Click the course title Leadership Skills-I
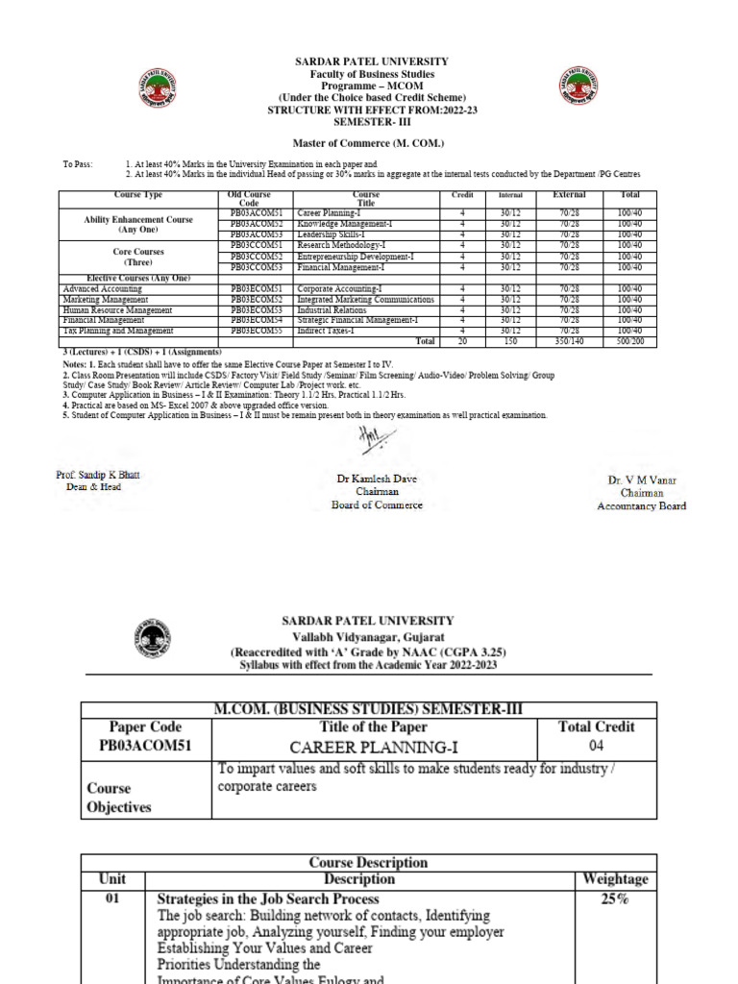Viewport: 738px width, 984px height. pyautogui.click(x=333, y=234)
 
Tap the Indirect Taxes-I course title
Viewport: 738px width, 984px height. pyautogui.click(x=326, y=331)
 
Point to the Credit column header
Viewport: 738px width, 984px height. pyautogui.click(x=462, y=195)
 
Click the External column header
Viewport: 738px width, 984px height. pyautogui.click(x=569, y=195)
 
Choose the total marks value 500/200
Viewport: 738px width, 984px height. pyautogui.click(x=630, y=341)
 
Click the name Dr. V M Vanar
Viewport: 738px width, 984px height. pyautogui.click(x=642, y=479)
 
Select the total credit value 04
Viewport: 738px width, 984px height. pyautogui.click(x=596, y=745)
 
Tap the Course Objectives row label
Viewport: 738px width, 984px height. pyautogui.click(x=119, y=797)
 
